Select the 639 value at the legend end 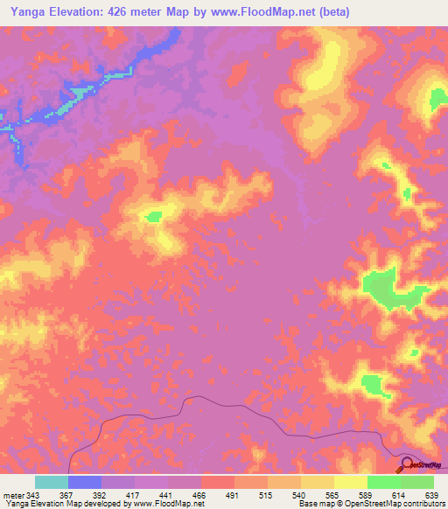tap(430, 494)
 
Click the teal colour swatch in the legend tap(52, 482)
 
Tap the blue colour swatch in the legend tap(85, 482)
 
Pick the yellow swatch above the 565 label tap(318, 482)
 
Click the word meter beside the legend tap(12, 494)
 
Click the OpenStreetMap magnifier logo tap(407, 464)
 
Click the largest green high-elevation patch tap(389, 289)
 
